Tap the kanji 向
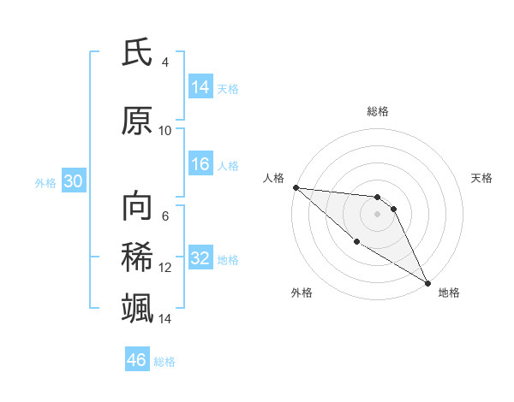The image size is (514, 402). [x=137, y=206]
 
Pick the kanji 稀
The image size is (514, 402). [x=137, y=257]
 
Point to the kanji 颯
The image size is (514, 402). [x=137, y=307]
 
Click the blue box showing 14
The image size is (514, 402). [x=200, y=87]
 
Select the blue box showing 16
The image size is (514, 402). [x=200, y=164]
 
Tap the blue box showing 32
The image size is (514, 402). [x=200, y=258]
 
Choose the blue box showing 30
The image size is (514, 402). [x=73, y=181]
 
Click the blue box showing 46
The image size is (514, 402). [x=137, y=360]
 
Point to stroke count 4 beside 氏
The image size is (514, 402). [x=165, y=62]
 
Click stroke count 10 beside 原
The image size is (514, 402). [x=165, y=130]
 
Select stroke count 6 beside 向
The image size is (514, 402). [x=165, y=216]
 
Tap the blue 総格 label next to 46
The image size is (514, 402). [x=164, y=361]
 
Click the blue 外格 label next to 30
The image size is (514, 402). [x=45, y=182]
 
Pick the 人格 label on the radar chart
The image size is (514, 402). [x=274, y=178]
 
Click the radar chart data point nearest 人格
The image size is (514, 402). [x=296, y=187]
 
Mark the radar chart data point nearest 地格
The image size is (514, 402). [x=427, y=282]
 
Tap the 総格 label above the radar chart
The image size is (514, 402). [x=378, y=111]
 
